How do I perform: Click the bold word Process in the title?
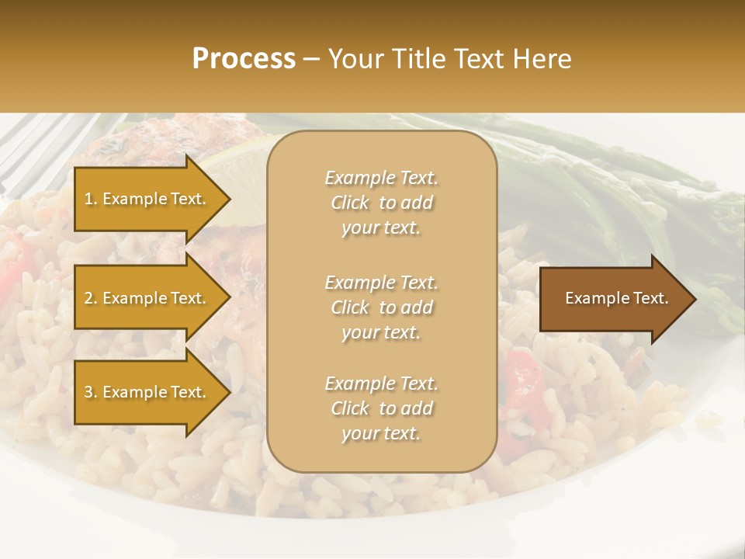[x=244, y=59]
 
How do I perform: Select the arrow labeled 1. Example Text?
[x=147, y=199]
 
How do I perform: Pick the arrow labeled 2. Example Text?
[x=147, y=298]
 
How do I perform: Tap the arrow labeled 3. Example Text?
[x=147, y=392]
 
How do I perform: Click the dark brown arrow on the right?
[x=613, y=299]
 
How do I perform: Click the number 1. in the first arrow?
[x=90, y=199]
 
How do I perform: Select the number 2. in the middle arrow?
[x=90, y=298]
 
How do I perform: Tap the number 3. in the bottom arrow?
[x=90, y=392]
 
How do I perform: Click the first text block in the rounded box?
[x=381, y=203]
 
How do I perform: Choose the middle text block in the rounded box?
[x=381, y=307]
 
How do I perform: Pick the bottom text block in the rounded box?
[x=381, y=408]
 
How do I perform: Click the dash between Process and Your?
[x=311, y=60]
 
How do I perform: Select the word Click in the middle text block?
[x=350, y=307]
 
